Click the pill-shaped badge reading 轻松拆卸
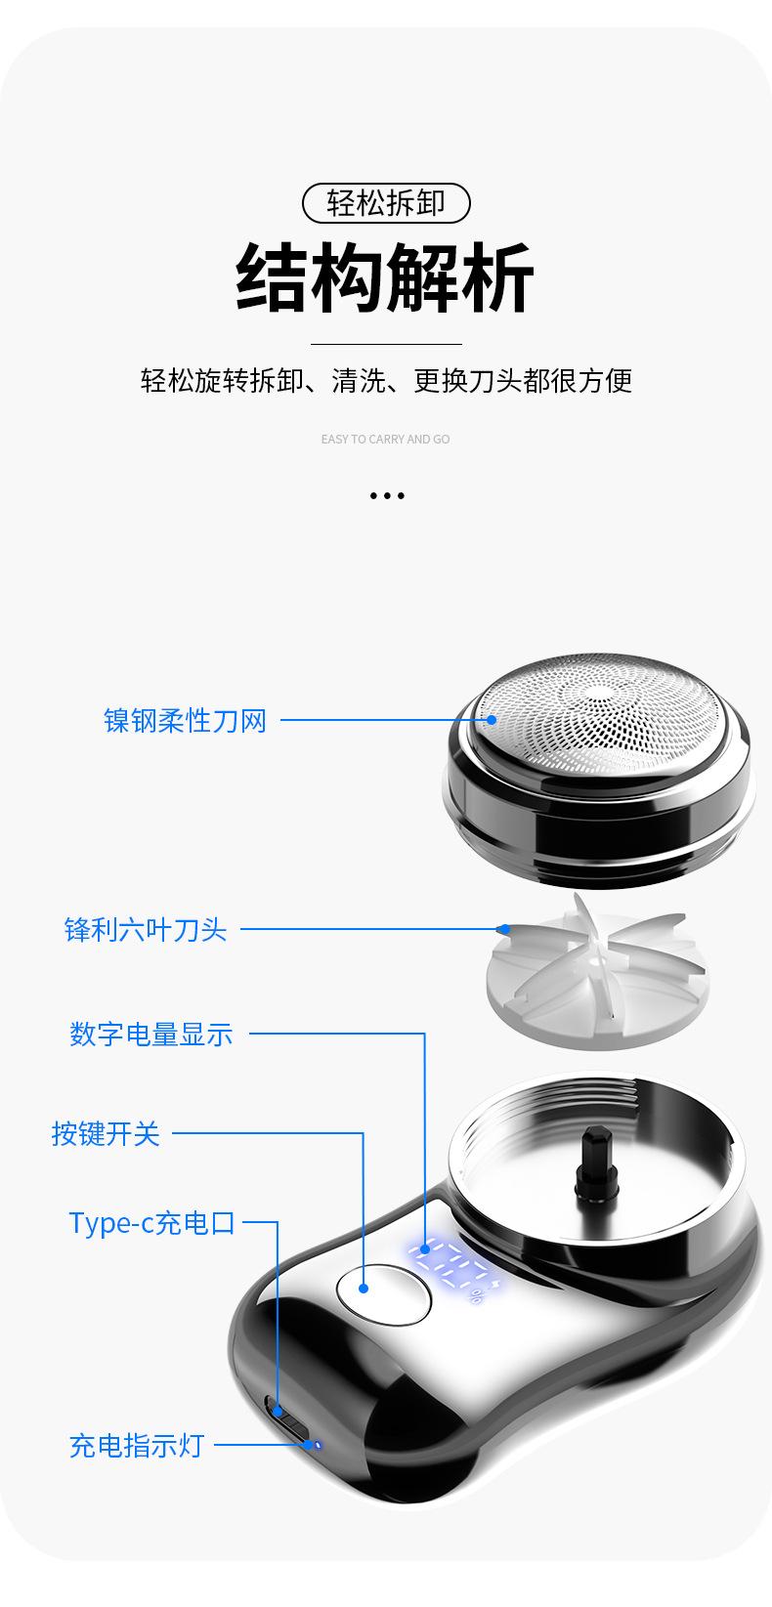[386, 203]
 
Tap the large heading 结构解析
[386, 278]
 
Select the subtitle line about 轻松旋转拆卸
[386, 380]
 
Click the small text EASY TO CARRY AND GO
[385, 440]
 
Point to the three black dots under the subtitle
[387, 496]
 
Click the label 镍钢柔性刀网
[186, 721]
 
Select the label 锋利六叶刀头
[146, 929]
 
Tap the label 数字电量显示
[151, 1034]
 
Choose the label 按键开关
[106, 1134]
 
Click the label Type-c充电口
[152, 1222]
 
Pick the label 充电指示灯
[136, 1445]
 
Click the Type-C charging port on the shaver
[278, 1413]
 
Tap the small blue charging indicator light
[315, 1444]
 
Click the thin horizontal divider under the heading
[386, 344]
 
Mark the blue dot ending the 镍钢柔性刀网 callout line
[492, 721]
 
